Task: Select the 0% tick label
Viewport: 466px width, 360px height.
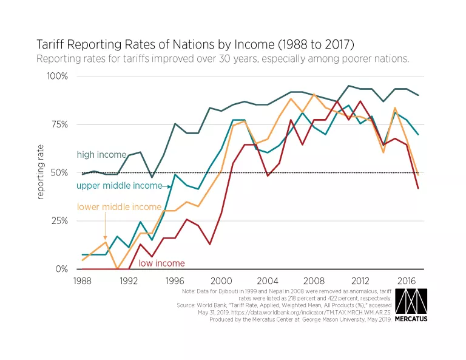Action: (x=61, y=269)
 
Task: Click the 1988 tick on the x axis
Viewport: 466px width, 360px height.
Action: (x=83, y=282)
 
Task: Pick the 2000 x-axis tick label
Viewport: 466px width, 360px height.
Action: (x=221, y=282)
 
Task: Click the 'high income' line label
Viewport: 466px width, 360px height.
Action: (x=101, y=155)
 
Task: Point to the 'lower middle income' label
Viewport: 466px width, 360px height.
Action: (x=119, y=207)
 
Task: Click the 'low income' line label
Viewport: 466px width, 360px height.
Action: (x=161, y=263)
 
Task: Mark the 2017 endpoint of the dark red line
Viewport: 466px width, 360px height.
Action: (x=418, y=188)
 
